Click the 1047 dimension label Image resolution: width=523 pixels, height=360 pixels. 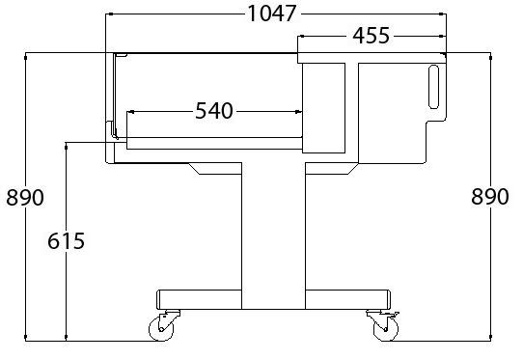[x=271, y=14]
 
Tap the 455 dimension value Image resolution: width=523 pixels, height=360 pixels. [x=371, y=36]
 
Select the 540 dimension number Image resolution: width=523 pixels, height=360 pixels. [x=214, y=111]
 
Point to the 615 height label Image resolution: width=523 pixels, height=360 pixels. [x=66, y=241]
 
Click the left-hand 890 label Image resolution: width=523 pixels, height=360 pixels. [x=25, y=197]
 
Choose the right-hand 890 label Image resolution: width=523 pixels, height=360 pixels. [x=489, y=197]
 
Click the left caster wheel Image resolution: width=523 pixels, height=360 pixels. [x=161, y=329]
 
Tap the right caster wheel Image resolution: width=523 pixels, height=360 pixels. [x=386, y=329]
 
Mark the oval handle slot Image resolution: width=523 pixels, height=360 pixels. [x=433, y=87]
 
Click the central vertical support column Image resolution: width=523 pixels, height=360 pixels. [x=273, y=235]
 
